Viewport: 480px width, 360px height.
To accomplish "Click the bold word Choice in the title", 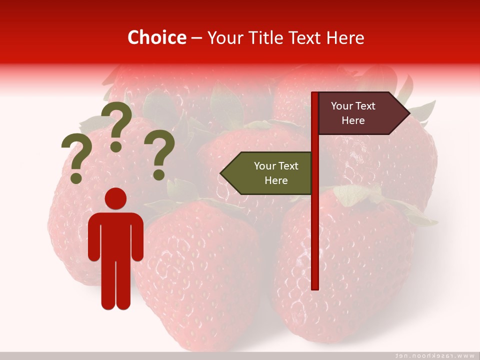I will coord(156,37).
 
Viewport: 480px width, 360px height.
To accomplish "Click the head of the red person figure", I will coord(115,198).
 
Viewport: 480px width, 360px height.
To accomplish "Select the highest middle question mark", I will coord(116,125).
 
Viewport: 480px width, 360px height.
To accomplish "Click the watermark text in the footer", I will coord(435,355).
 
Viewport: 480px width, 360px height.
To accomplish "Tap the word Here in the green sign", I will coord(276,180).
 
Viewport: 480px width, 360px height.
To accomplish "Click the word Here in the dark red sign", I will coord(353,120).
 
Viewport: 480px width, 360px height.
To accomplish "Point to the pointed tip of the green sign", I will coord(222,173).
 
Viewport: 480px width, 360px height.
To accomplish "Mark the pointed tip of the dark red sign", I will coord(408,113).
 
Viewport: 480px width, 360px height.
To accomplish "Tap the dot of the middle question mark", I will coord(116,146).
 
